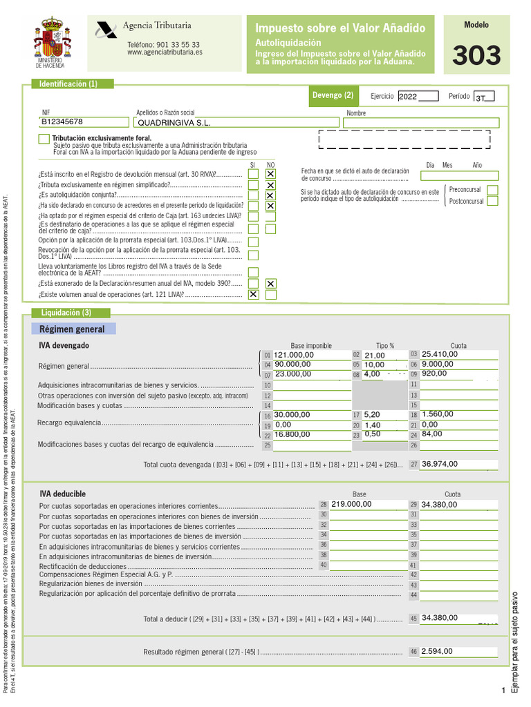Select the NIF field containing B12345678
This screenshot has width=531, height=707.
click(85, 122)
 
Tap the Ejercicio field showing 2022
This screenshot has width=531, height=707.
click(418, 97)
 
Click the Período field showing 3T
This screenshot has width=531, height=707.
click(483, 97)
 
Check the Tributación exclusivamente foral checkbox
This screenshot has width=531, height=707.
click(44, 139)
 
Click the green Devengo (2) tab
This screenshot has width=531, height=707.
click(333, 96)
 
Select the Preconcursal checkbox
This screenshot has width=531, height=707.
click(492, 190)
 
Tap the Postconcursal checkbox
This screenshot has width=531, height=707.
click(492, 202)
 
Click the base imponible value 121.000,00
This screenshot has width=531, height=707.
click(294, 355)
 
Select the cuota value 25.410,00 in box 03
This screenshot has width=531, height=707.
click(440, 354)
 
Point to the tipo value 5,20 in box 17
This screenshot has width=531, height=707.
click(372, 415)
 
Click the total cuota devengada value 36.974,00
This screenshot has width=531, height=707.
click(440, 464)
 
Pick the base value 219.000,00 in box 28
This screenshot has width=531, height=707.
click(352, 504)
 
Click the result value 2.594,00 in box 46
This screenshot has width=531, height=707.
click(437, 651)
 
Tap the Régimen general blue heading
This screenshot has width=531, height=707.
click(72, 329)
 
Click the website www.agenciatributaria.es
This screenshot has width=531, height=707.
click(165, 52)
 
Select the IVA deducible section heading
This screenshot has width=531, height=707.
click(62, 494)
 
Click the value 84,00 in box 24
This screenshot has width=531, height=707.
click(433, 434)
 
